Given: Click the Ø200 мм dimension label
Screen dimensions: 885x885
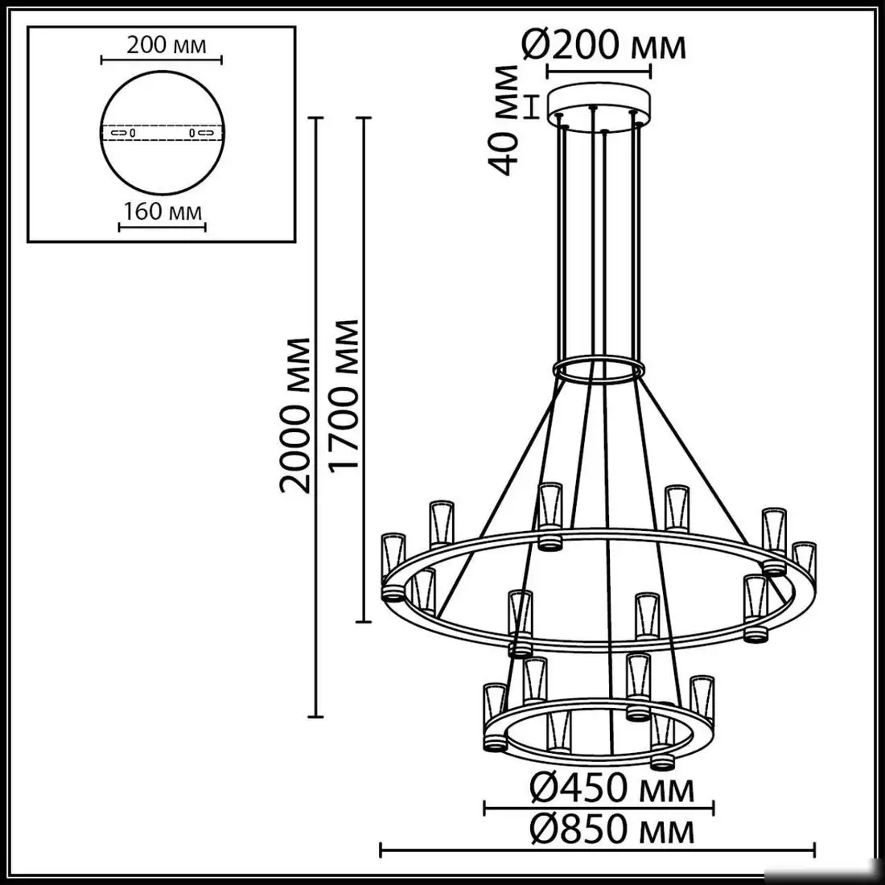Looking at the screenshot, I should [604, 46].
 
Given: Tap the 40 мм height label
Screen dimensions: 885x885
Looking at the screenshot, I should [504, 120].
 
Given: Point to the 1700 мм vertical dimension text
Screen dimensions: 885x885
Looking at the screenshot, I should [344, 398].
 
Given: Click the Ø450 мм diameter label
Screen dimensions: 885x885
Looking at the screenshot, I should [611, 788].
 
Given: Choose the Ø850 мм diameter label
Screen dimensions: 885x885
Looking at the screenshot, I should [611, 829].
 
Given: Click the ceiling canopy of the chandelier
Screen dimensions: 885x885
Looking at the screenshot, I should [600, 106].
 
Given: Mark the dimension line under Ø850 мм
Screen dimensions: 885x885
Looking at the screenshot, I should [598, 848].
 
